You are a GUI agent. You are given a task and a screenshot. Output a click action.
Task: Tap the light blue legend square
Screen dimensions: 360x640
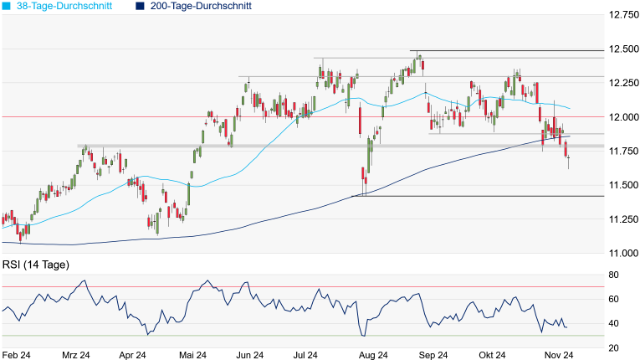[6, 6]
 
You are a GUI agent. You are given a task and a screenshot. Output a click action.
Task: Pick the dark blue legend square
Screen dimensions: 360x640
[140, 6]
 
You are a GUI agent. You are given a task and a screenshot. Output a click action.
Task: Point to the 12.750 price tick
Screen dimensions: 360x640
[622, 15]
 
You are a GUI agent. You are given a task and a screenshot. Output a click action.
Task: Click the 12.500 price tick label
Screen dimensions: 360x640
[622, 49]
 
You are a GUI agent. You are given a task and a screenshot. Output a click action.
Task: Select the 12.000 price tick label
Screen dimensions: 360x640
[622, 117]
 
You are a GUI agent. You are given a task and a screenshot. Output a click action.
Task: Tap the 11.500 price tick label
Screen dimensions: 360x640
[622, 185]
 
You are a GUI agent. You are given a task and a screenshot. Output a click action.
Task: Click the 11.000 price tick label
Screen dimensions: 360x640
[622, 253]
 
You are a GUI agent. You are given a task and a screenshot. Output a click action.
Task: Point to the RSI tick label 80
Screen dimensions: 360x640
[613, 275]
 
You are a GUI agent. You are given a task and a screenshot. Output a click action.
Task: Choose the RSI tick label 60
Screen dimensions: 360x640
[613, 299]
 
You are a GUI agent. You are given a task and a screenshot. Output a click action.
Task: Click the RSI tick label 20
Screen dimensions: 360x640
[613, 347]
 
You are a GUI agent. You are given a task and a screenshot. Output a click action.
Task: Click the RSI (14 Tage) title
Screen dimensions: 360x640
[35, 265]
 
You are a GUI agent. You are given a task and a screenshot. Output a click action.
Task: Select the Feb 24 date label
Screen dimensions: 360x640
[16, 355]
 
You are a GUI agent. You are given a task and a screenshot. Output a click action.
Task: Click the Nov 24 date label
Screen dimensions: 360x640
[555, 355]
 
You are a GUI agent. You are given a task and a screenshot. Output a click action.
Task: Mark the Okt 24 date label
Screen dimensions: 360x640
[493, 355]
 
